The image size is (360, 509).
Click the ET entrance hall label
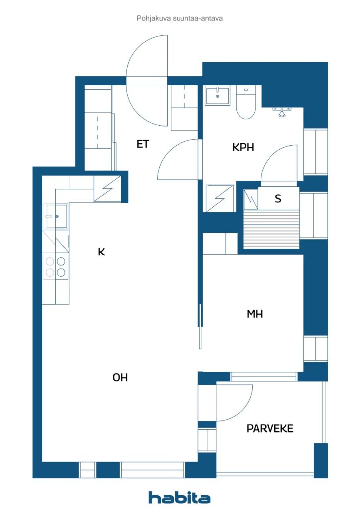[x=143, y=144]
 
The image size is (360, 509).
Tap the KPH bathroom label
[x=243, y=147]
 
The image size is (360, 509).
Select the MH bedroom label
[x=255, y=314]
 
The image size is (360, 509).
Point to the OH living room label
[x=120, y=377]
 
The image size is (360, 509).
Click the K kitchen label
[x=101, y=252]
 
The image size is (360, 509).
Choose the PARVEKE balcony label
[x=270, y=428]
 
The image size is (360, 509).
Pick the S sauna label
[x=278, y=199]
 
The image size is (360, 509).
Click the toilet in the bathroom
[x=246, y=102]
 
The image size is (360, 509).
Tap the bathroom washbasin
[x=217, y=96]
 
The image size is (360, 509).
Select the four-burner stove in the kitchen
[x=56, y=266]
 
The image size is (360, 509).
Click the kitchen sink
[x=56, y=216]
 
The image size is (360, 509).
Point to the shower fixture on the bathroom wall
[x=281, y=112]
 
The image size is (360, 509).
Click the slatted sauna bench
[x=271, y=229]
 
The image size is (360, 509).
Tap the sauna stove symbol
[x=251, y=199]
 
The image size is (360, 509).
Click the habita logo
[x=179, y=497]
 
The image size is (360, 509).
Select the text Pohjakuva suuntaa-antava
[x=180, y=18]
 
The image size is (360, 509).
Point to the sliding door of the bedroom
[x=200, y=327]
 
